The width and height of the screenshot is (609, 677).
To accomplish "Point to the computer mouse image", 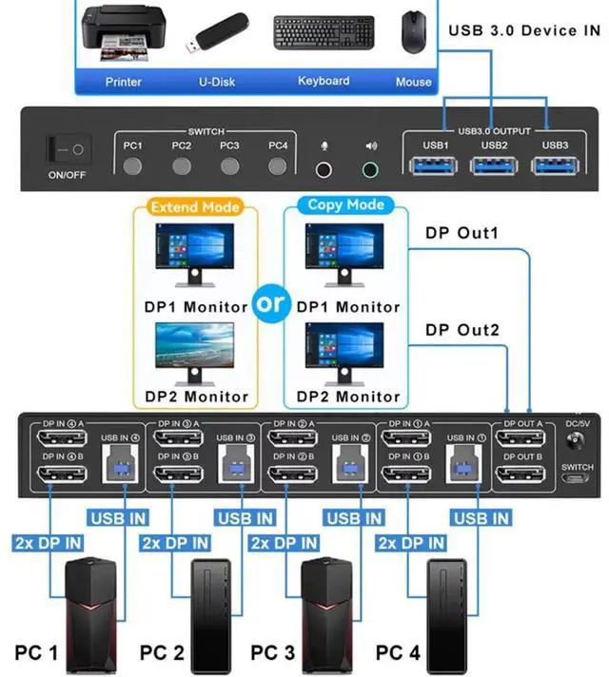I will point(412,33).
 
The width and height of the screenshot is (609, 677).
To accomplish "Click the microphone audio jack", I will point(325,168).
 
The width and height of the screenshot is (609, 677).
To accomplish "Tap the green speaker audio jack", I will point(370,168).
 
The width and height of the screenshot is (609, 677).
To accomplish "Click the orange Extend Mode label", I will point(196,206).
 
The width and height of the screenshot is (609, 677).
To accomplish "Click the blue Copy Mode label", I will point(345,204).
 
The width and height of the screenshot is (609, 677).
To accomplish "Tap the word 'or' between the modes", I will point(270,303).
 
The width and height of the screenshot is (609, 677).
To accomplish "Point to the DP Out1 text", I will point(462,233).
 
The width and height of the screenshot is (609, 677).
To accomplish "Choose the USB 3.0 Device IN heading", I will point(524,30).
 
